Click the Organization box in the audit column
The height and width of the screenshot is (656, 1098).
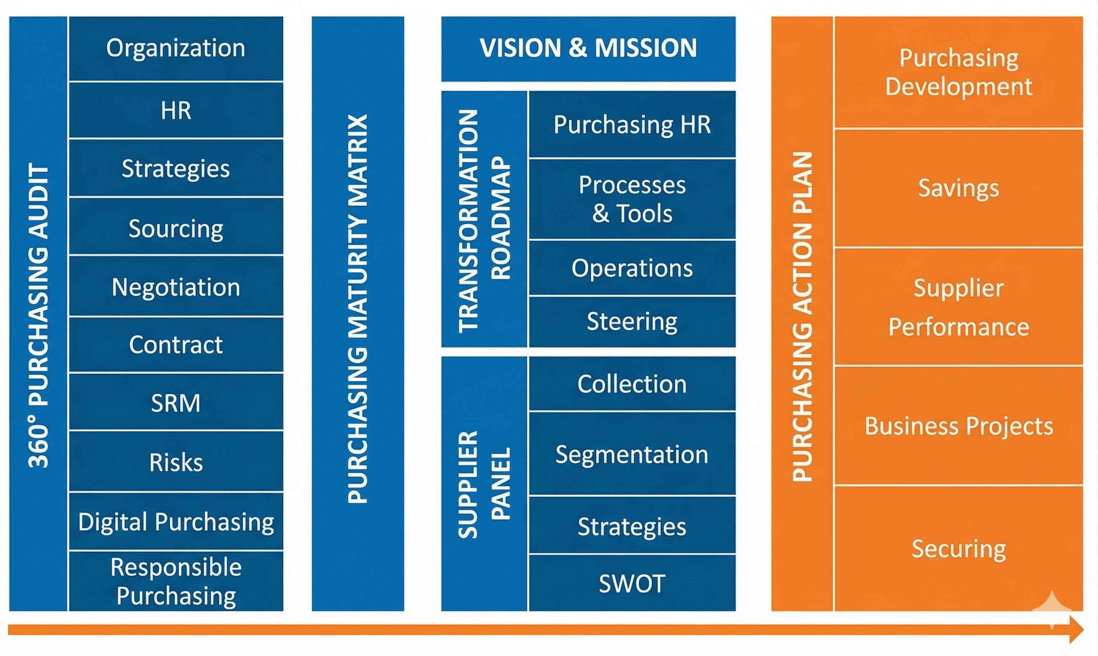[176, 48]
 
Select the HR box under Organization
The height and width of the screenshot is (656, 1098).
[176, 110]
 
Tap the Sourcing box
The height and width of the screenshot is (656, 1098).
[176, 228]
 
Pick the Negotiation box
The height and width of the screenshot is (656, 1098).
[176, 287]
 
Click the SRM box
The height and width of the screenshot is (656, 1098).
[176, 403]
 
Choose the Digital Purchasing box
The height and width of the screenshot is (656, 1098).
[176, 522]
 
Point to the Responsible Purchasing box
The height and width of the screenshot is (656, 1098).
[176, 581]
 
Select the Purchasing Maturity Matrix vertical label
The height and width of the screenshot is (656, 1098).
[358, 310]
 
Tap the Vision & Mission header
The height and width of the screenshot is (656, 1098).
[588, 48]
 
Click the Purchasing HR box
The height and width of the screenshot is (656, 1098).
[632, 125]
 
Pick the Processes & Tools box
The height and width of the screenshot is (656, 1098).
[632, 199]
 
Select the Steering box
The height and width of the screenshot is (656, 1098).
[632, 321]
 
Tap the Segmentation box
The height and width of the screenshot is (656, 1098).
[632, 454]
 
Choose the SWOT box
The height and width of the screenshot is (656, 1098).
[632, 583]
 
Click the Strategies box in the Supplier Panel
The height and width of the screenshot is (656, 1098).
[632, 526]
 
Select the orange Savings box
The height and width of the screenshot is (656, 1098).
[958, 188]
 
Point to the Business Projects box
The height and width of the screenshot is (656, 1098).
[958, 426]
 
